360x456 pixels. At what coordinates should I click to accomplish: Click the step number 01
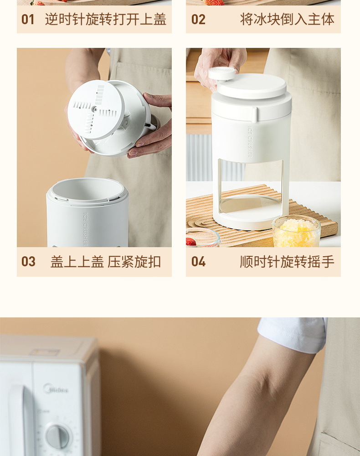[28, 20]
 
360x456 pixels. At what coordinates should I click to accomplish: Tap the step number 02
[198, 20]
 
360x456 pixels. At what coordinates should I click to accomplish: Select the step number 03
[28, 261]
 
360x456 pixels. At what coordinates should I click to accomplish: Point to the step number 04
[198, 261]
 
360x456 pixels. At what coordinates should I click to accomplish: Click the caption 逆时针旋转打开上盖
[106, 20]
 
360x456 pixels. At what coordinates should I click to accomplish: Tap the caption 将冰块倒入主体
[287, 20]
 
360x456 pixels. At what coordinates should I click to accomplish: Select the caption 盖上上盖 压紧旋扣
[106, 261]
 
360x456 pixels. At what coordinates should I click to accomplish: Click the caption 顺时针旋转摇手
[287, 261]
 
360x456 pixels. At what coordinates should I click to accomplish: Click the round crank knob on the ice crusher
[221, 73]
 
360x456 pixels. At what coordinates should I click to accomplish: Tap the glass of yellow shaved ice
[296, 232]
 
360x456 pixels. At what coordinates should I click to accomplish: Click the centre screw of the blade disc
[94, 109]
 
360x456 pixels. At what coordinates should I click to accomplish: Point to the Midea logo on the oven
[56, 389]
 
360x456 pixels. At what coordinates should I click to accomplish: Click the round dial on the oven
[57, 436]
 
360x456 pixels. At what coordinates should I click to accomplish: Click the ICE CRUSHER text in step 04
[250, 142]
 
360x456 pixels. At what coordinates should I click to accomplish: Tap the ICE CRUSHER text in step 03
[85, 229]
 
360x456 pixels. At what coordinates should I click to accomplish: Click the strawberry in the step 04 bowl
[190, 242]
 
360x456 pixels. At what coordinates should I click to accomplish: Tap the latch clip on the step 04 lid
[254, 114]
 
